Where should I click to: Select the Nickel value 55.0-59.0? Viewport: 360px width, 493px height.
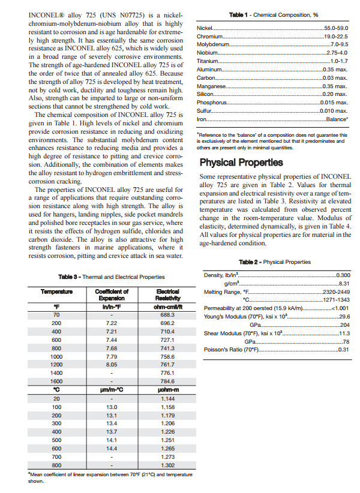coord(336,28)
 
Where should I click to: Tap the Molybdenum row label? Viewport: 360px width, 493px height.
coord(213,45)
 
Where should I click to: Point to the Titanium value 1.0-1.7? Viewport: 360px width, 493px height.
coord(339,61)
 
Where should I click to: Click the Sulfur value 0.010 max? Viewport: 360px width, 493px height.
coord(334,111)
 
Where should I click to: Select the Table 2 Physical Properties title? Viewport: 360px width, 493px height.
coord(274,262)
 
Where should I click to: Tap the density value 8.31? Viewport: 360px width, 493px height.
coord(344,283)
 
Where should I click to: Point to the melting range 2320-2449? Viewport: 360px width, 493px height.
coord(335,291)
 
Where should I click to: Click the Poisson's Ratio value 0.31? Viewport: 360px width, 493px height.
coord(344,350)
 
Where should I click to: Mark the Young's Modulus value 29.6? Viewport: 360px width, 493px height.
coord(344,316)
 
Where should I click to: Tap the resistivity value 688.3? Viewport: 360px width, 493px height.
coord(167,314)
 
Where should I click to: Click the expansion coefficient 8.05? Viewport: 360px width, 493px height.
coord(110,364)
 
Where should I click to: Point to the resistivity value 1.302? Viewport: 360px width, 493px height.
coord(167,465)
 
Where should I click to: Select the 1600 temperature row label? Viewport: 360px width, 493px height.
coord(56,381)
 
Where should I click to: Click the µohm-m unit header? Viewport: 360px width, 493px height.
coord(167,389)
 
